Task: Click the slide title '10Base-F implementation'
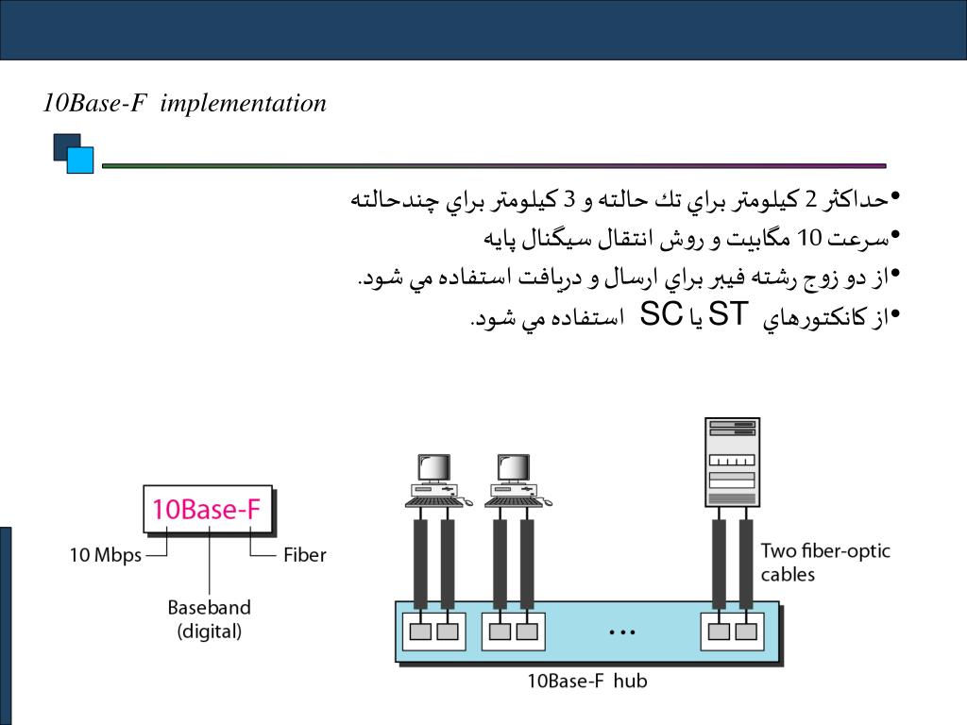point(185,103)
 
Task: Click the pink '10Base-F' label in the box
point(207,510)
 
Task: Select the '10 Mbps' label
point(105,555)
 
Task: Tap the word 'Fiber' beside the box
point(304,555)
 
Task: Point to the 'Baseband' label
point(209,607)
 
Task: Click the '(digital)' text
point(209,631)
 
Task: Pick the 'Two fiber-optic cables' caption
point(824,562)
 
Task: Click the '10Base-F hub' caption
point(586,680)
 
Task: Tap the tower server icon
point(732,462)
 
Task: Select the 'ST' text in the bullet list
point(727,315)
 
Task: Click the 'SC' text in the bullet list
point(661,315)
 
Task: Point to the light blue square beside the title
point(81,160)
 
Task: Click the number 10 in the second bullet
point(811,237)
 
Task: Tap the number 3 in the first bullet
point(569,199)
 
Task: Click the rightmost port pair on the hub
point(732,631)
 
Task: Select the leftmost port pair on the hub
point(433,631)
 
